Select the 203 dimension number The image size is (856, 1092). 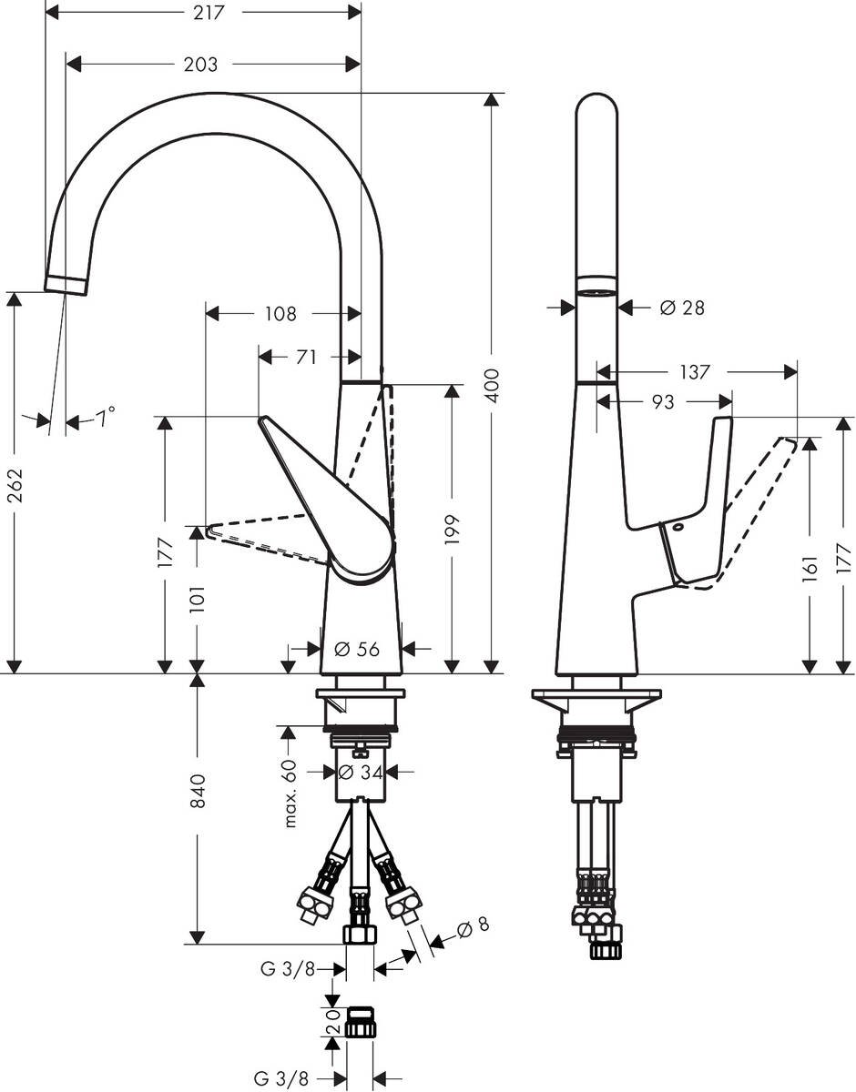click(200, 65)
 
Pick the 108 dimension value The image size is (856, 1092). click(280, 314)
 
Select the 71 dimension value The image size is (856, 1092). click(306, 358)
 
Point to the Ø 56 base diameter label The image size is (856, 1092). click(357, 649)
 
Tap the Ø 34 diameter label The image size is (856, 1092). click(359, 772)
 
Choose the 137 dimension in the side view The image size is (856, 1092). click(694, 372)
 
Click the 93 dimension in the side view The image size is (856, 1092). click(662, 401)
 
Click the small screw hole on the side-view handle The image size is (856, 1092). click(678, 528)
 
